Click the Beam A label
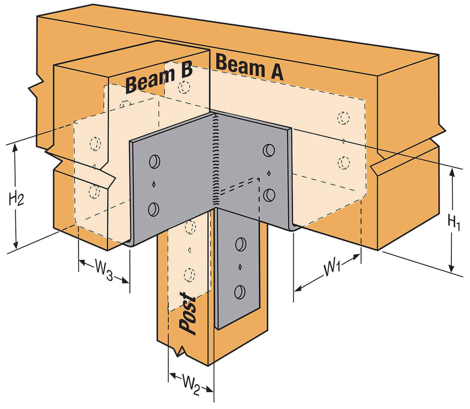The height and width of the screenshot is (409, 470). click(249, 68)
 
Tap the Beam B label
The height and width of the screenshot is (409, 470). click(159, 79)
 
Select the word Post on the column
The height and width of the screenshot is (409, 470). click(188, 313)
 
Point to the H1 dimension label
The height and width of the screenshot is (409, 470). click(454, 223)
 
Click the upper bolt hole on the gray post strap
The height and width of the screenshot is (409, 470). click(241, 244)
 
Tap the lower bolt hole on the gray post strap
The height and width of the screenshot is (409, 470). click(240, 292)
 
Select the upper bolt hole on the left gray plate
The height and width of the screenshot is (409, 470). click(154, 162)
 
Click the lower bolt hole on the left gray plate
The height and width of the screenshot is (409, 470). click(154, 209)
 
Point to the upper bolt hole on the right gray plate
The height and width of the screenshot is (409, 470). click(269, 150)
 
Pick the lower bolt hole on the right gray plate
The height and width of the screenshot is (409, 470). click(269, 194)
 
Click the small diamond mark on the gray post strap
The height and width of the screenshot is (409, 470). click(240, 267)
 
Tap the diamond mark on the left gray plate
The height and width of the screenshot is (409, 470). click(154, 185)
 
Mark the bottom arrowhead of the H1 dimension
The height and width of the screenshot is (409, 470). click(451, 269)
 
